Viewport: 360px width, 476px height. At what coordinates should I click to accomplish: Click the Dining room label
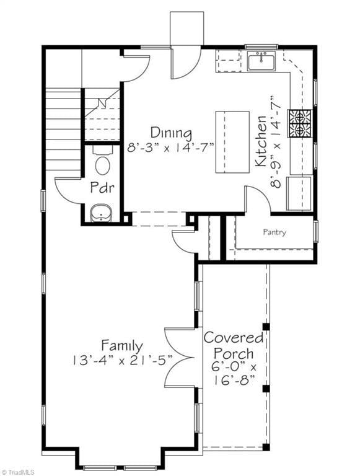pyautogui.click(x=171, y=133)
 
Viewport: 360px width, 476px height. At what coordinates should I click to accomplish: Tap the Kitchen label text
pyautogui.click(x=261, y=141)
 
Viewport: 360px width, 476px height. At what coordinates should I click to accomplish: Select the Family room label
pyautogui.click(x=121, y=345)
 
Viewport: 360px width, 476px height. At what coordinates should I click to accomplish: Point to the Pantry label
pyautogui.click(x=274, y=232)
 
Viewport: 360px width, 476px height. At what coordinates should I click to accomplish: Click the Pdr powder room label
pyautogui.click(x=102, y=187)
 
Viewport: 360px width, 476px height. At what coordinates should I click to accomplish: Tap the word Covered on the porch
pyautogui.click(x=234, y=338)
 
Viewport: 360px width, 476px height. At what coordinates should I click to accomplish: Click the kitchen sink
pyautogui.click(x=261, y=61)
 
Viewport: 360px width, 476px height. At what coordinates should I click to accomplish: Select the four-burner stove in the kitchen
pyautogui.click(x=300, y=123)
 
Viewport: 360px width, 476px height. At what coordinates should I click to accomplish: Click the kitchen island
pyautogui.click(x=232, y=142)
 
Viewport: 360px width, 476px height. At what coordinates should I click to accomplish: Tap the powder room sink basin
pyautogui.click(x=102, y=213)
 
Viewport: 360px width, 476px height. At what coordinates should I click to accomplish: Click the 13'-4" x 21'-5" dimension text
pyautogui.click(x=122, y=361)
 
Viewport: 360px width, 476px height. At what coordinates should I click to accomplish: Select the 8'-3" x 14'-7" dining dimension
pyautogui.click(x=171, y=149)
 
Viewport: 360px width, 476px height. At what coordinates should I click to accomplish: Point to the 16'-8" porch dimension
pyautogui.click(x=234, y=380)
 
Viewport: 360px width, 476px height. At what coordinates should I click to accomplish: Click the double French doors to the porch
pyautogui.click(x=180, y=358)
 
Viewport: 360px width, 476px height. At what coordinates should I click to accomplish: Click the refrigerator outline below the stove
pyautogui.click(x=300, y=193)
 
